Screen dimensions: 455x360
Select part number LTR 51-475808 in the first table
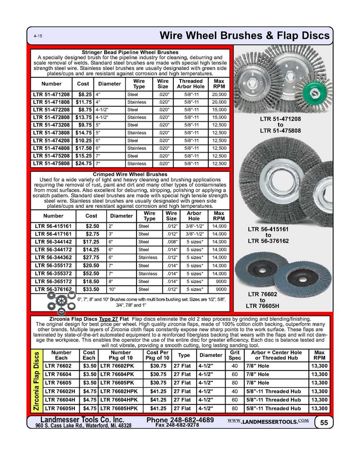[52, 163]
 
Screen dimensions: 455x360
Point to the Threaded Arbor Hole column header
[190, 83]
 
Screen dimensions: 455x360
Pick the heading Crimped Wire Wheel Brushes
[131, 174]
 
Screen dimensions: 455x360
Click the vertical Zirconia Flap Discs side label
[36, 381]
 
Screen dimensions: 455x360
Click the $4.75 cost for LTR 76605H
[90, 408]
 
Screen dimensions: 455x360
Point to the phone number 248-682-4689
[179, 420]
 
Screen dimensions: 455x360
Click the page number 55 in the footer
[323, 422]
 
